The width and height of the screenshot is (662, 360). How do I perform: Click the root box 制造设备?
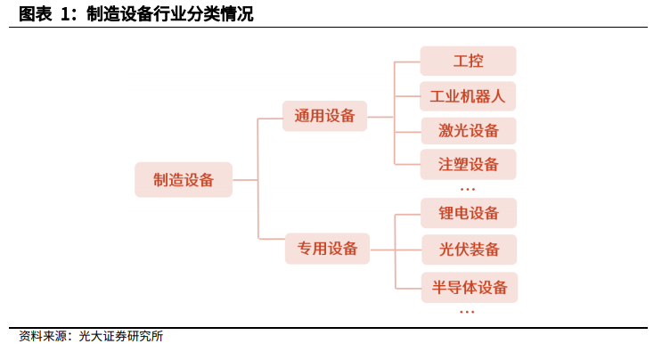click(x=184, y=180)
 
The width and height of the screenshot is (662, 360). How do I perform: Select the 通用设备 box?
click(x=324, y=116)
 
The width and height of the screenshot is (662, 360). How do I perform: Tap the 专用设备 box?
click(x=327, y=249)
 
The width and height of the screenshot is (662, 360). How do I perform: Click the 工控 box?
click(x=468, y=61)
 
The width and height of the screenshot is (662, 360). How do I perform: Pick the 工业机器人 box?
click(x=468, y=96)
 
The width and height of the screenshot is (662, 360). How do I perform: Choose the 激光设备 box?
click(x=469, y=131)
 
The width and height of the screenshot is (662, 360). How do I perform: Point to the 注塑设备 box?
click(x=469, y=164)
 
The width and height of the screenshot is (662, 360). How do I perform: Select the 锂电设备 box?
click(x=469, y=213)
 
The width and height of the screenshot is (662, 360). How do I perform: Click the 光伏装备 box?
click(x=469, y=250)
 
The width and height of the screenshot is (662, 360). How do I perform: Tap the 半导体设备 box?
click(x=470, y=288)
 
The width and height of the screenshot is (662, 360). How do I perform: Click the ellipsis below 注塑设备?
click(x=468, y=190)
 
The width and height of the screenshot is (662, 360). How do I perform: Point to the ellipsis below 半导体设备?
click(x=467, y=312)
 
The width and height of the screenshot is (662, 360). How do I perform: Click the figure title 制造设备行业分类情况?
click(x=170, y=14)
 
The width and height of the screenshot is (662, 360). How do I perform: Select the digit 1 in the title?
click(x=64, y=14)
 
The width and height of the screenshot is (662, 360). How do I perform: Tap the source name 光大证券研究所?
click(x=121, y=336)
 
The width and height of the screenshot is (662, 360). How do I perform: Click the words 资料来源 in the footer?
click(x=43, y=336)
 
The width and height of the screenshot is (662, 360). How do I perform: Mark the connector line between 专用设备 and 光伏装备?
click(x=396, y=250)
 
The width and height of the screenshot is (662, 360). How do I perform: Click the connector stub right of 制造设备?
click(x=245, y=180)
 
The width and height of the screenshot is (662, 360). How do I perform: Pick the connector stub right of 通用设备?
click(x=380, y=117)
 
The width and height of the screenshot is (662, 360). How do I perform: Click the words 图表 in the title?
click(x=36, y=14)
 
